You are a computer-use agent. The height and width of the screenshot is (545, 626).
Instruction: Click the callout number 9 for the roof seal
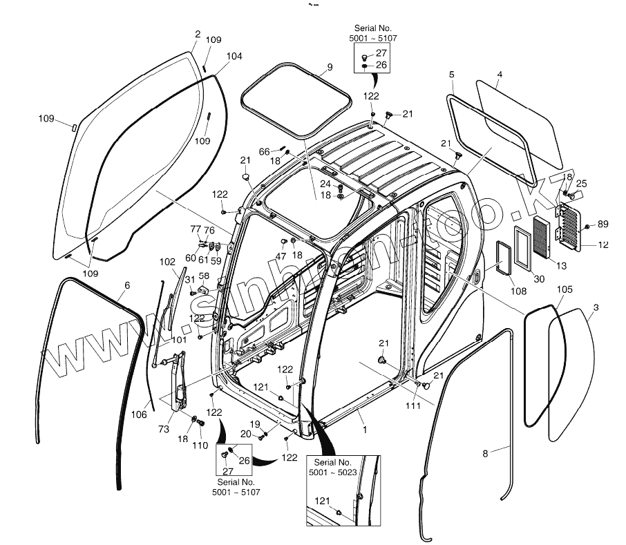(x=330, y=67)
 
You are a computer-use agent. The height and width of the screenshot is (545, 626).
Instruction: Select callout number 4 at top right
(x=500, y=74)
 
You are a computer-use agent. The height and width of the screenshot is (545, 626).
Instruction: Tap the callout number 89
(x=603, y=224)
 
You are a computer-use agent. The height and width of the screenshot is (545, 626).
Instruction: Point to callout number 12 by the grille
(x=603, y=245)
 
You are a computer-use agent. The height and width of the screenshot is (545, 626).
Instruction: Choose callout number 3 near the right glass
(x=596, y=307)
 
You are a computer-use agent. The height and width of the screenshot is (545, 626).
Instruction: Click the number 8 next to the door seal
(x=484, y=453)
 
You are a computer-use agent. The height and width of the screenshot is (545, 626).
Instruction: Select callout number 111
(x=412, y=406)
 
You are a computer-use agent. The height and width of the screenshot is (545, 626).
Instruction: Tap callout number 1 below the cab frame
(x=364, y=429)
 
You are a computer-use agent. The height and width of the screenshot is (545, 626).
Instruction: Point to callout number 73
(x=164, y=430)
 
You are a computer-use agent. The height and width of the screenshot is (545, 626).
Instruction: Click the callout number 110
(x=200, y=446)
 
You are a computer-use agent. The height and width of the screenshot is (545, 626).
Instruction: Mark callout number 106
(x=139, y=415)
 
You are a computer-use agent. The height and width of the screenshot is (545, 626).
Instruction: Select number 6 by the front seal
(x=126, y=285)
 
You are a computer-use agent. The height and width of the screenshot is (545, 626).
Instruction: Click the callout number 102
(x=168, y=262)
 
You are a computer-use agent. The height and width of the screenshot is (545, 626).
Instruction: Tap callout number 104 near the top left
(x=234, y=56)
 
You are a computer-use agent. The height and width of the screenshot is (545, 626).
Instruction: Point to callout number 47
(x=280, y=256)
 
